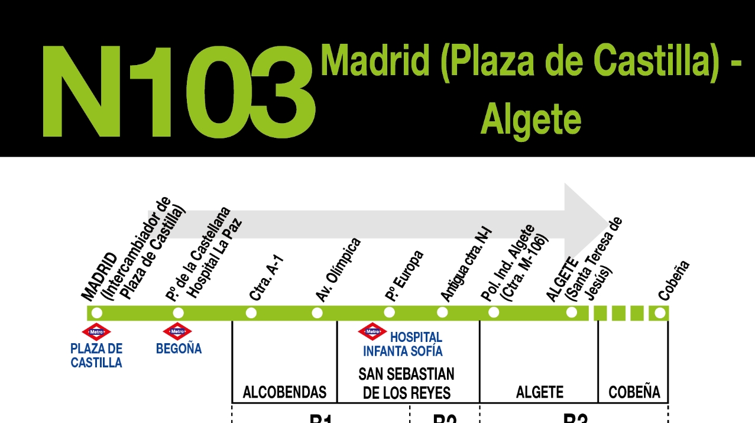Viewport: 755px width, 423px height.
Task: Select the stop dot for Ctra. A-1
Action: [x=251, y=313]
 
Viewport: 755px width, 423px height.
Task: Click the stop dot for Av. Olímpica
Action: [x=317, y=313]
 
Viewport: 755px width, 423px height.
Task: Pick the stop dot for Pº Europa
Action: [x=389, y=312]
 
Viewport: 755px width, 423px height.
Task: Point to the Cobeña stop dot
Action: [x=660, y=313]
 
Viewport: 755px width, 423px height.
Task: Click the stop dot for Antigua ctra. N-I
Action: [x=442, y=312]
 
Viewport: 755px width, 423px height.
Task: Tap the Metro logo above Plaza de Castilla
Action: [x=96, y=332]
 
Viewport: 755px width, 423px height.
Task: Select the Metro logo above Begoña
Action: [x=177, y=331]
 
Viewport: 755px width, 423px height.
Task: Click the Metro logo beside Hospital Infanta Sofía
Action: [x=372, y=331]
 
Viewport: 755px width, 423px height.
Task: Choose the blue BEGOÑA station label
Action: [x=179, y=349]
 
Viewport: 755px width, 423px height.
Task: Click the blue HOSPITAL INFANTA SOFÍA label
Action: [x=403, y=344]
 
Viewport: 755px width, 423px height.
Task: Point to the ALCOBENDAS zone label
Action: [x=284, y=392]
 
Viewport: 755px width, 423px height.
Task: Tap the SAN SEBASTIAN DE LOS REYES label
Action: [x=407, y=383]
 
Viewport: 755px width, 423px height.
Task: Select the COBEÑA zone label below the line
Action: [x=634, y=392]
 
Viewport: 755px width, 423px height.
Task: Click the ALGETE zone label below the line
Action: [x=539, y=392]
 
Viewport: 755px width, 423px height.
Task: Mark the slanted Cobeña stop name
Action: [x=674, y=280]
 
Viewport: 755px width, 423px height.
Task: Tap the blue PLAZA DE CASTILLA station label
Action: [x=96, y=356]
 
